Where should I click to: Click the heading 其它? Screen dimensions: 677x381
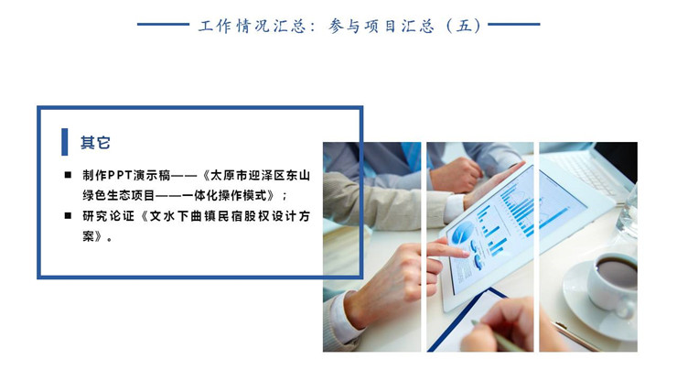[x=95, y=142]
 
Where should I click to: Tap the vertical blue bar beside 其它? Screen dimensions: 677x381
[x=64, y=142]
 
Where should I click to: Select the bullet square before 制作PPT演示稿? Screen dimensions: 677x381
[x=68, y=175]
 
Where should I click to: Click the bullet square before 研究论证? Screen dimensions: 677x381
[x=68, y=215]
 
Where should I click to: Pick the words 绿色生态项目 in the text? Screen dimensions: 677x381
[x=119, y=195]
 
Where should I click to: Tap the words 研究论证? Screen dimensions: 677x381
[x=108, y=216]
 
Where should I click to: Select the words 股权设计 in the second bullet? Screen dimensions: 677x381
[x=270, y=216]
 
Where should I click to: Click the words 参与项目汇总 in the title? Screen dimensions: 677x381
[x=381, y=26]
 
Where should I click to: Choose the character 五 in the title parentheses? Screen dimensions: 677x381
[x=464, y=26]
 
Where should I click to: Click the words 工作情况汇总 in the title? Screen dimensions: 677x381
[x=252, y=26]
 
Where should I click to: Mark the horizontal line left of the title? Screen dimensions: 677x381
[x=163, y=24]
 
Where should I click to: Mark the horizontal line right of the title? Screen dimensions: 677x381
[x=514, y=24]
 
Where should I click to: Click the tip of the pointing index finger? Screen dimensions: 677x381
[x=467, y=255]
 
